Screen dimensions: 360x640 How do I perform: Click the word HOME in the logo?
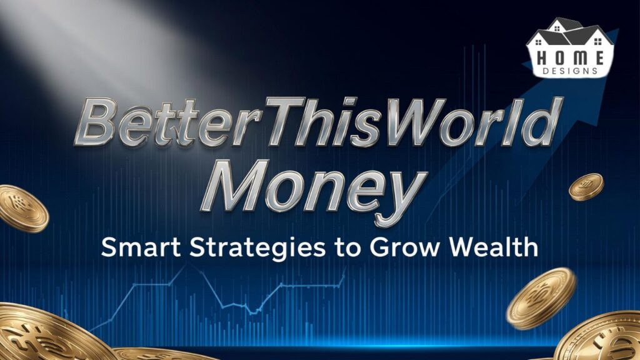(x=569, y=57)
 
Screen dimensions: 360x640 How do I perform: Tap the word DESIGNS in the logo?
(x=570, y=71)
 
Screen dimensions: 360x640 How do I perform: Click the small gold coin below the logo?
(x=586, y=187)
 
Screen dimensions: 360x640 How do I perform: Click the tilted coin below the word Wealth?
(x=541, y=297)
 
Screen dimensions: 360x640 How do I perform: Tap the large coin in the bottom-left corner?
(x=44, y=334)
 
